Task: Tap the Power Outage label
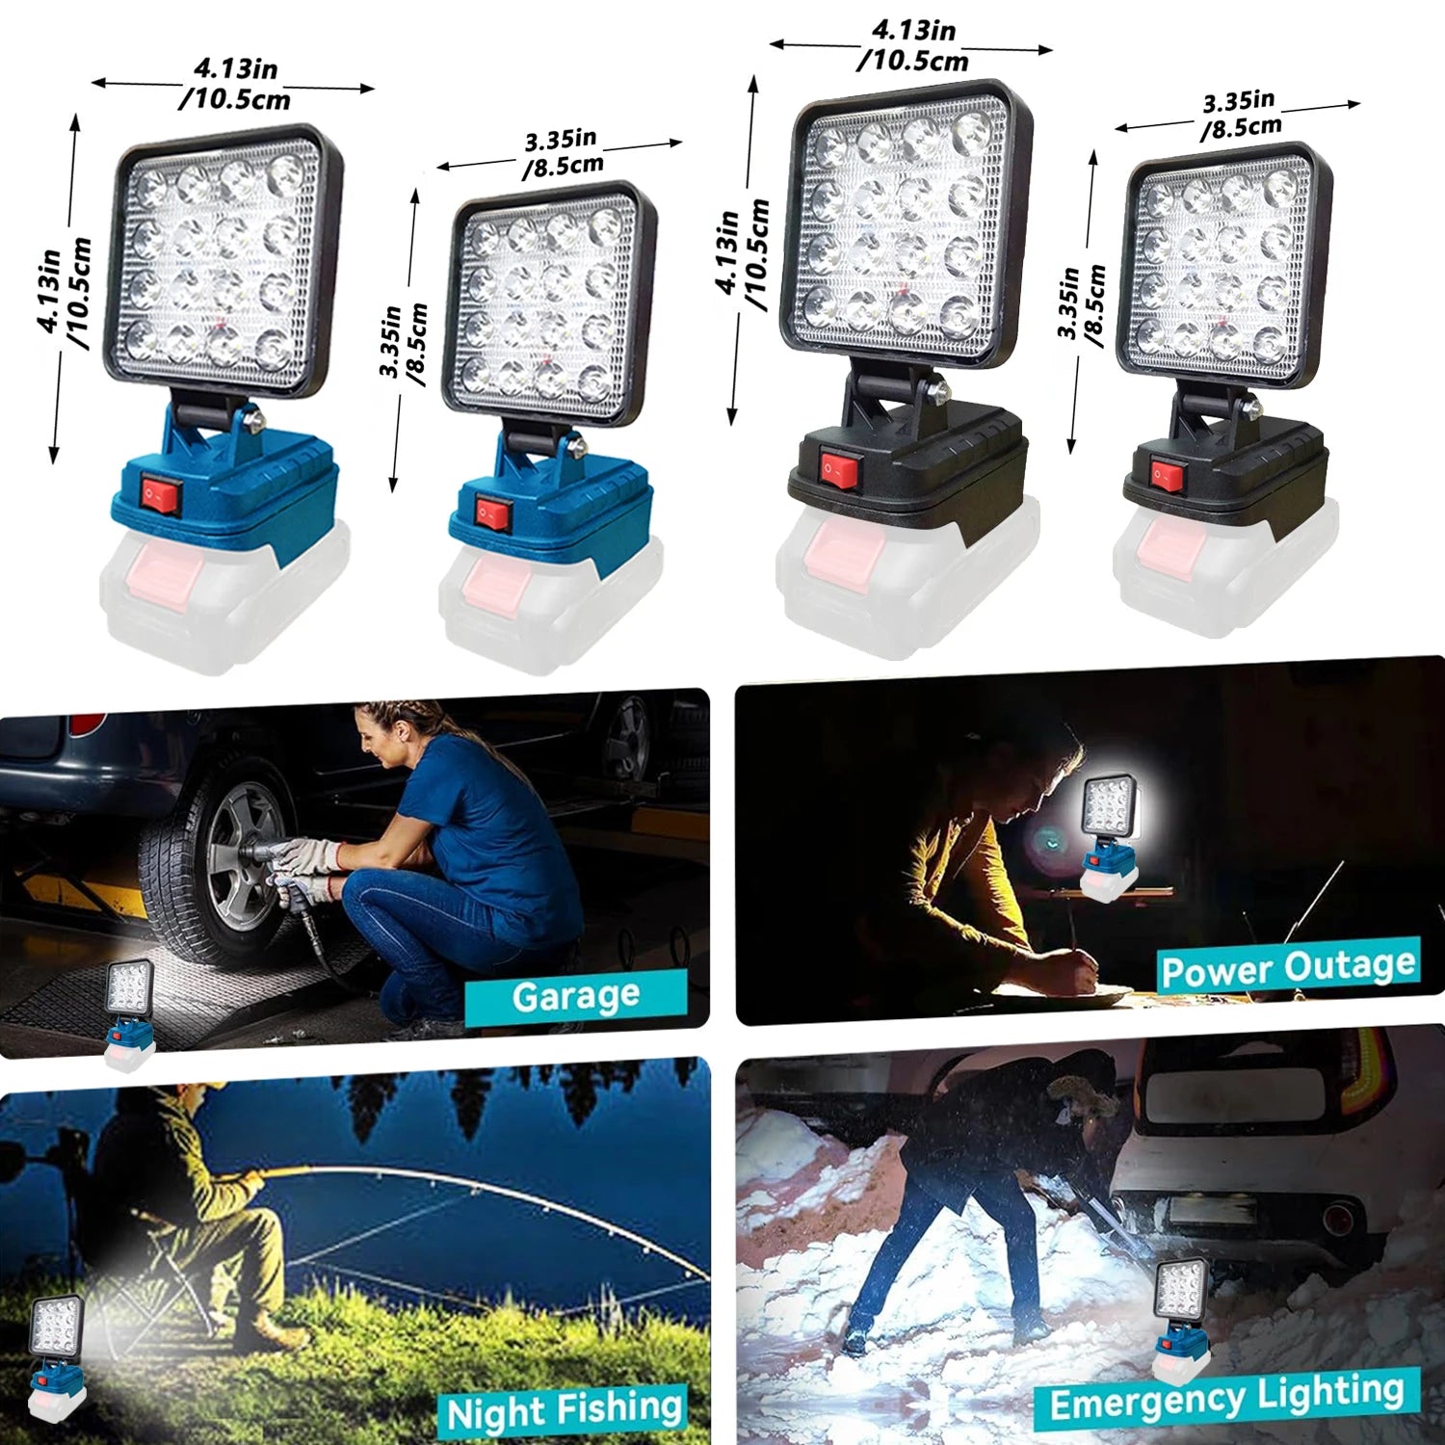[x=1288, y=966]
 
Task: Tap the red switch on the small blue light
[x=492, y=512]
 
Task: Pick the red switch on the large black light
[x=839, y=469]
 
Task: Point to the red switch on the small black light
[x=1167, y=473]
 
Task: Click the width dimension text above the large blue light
[x=235, y=84]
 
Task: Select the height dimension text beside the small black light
[x=1080, y=302]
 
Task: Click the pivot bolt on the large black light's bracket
[x=935, y=390]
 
